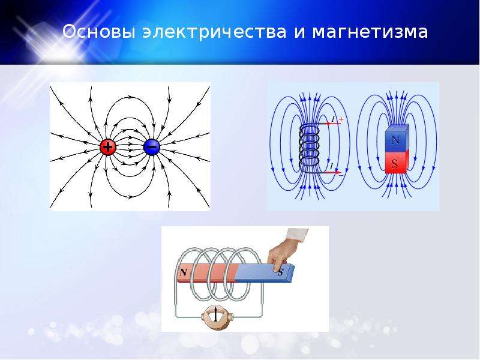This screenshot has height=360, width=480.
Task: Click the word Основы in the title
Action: [x=98, y=32]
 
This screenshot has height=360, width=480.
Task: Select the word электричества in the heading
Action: [x=214, y=32]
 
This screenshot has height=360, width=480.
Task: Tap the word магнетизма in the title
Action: [x=370, y=32]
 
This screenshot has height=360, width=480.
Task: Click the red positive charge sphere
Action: [x=108, y=147]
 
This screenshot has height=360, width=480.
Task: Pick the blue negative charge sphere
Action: [x=152, y=147]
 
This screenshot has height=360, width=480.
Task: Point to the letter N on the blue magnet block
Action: [x=395, y=140]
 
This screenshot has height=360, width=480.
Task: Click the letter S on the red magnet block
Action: [x=395, y=164]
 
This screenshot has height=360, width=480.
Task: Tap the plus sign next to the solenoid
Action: [x=341, y=119]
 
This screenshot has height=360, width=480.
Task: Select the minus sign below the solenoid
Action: [x=341, y=175]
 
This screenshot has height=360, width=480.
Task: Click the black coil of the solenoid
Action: [x=309, y=148]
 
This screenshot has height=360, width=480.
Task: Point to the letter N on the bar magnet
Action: [x=184, y=272]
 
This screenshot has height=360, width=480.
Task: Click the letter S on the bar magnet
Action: [x=280, y=272]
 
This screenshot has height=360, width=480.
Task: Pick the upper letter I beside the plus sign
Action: [x=333, y=119]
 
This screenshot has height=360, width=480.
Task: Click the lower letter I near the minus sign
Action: [x=332, y=166]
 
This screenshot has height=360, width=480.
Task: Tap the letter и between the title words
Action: [x=299, y=32]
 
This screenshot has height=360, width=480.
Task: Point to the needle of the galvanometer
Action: [x=216, y=316]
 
